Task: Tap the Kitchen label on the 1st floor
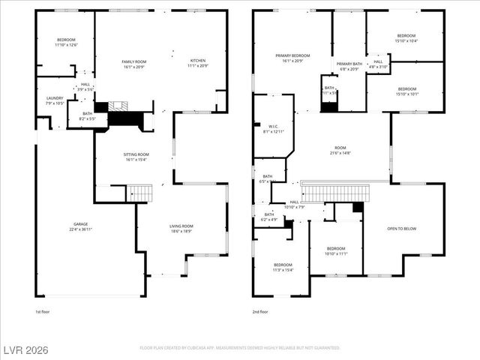[198, 64]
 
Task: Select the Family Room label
[134, 64]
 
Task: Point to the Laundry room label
[55, 100]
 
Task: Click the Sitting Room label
[136, 157]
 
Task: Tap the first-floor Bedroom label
[67, 42]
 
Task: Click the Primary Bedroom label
[292, 58]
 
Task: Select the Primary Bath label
[349, 67]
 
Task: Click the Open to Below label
[401, 229]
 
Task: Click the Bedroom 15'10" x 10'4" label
[406, 38]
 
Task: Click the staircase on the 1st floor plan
[139, 193]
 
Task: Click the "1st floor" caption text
[43, 311]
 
